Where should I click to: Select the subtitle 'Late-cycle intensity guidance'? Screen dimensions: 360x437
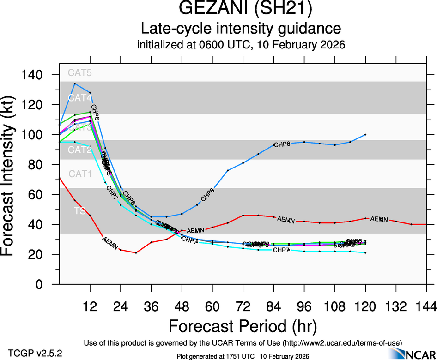coord(241,29)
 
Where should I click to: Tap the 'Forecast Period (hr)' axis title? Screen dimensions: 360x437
coord(243,326)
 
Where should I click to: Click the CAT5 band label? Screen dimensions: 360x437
coord(80,72)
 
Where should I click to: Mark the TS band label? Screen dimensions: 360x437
coord(79,211)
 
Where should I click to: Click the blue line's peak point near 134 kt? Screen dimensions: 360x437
coord(75,84)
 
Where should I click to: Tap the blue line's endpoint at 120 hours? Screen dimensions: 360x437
coord(365,134)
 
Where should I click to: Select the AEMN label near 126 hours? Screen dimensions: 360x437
coord(379,219)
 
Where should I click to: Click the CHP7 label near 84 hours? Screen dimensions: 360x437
coord(281,250)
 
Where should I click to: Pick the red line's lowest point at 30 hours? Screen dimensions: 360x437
coord(136,253)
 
